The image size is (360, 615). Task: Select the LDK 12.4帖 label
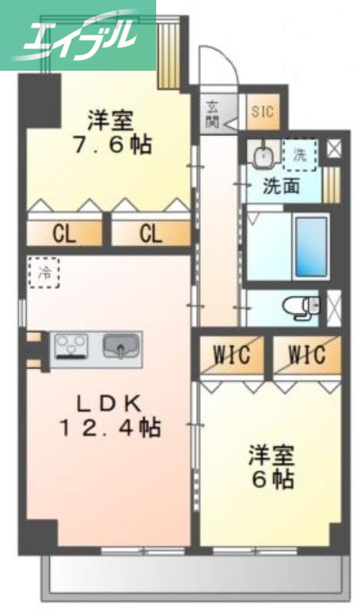[x=112, y=415]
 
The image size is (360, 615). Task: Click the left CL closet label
[x=65, y=233]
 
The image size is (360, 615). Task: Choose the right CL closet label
[x=151, y=233]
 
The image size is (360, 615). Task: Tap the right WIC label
[x=307, y=355]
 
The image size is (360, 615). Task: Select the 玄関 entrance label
[x=212, y=114]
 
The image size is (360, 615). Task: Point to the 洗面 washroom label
[x=282, y=186]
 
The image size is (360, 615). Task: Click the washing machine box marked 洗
[x=299, y=154]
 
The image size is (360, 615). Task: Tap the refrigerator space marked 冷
[x=45, y=271]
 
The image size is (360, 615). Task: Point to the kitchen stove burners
[x=72, y=346]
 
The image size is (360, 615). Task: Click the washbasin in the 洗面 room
[x=264, y=155]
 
